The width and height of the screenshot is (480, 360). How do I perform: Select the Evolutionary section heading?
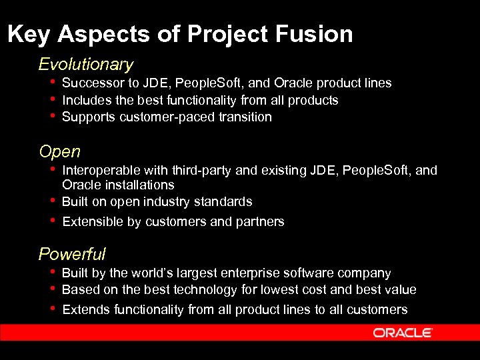coord(86,65)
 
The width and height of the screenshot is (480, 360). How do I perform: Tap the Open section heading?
coord(59,152)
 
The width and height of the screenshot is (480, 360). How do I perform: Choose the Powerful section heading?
coord(72,254)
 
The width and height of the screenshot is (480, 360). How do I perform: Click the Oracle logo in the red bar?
coord(403,333)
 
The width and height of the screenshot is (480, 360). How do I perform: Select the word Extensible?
coord(92,222)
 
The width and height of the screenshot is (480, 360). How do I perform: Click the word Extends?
coord(86,310)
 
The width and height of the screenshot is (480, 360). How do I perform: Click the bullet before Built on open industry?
coord(52,201)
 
